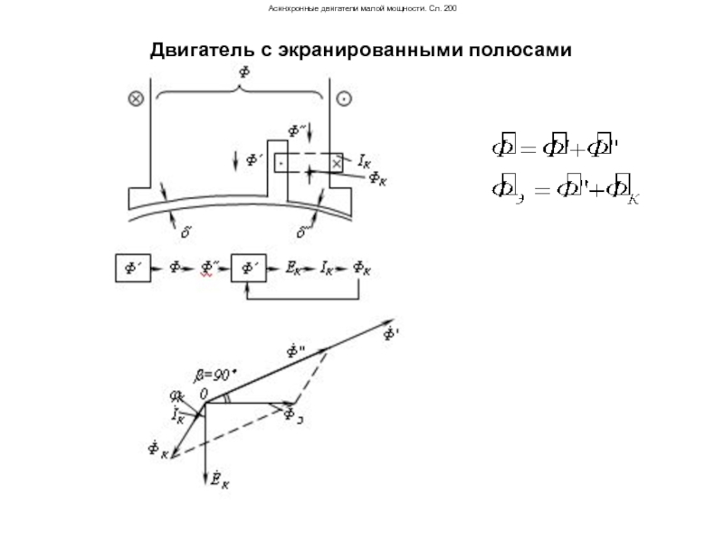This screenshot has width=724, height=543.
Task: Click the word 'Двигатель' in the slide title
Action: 202,51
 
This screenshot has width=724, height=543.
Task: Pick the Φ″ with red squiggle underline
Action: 208,269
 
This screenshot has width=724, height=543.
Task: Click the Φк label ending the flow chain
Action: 362,269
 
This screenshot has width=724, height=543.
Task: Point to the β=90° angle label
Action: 214,372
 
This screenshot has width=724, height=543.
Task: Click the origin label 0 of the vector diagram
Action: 205,393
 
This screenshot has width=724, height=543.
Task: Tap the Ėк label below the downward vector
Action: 219,481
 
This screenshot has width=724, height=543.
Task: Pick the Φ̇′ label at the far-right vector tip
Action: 391,336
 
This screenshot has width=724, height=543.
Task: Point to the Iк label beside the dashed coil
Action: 364,160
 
